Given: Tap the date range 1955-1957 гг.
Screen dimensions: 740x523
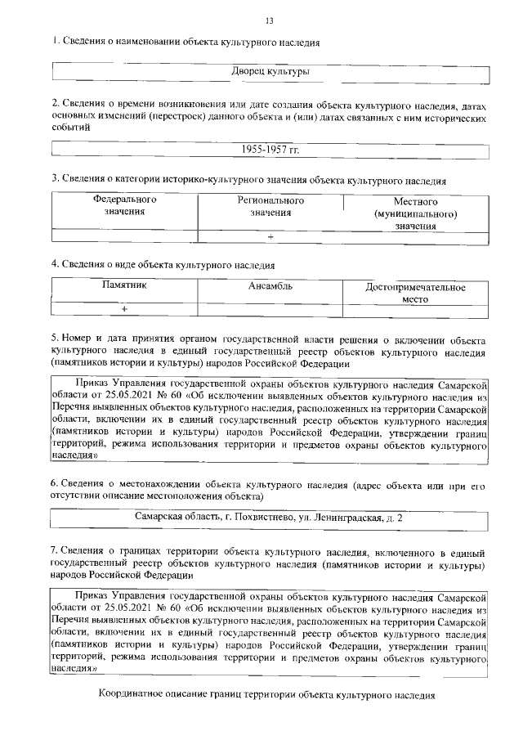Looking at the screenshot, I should tap(270, 150).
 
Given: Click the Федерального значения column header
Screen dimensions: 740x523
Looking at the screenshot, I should tap(124, 205).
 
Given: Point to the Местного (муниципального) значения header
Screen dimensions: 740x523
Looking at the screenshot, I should tap(415, 213).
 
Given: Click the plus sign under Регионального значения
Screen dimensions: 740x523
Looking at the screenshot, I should tap(270, 236).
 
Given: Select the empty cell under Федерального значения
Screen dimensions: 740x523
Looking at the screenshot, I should tap(124, 236).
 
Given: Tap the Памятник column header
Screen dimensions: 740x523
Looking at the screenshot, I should tap(124, 286).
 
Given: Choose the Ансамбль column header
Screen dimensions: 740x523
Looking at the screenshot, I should tap(270, 286).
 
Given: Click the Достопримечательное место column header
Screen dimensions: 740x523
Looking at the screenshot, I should tap(415, 293).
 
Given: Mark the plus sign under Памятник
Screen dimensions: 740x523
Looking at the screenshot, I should tap(124, 310).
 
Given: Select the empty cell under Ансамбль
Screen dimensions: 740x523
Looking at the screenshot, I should tap(270, 310).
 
